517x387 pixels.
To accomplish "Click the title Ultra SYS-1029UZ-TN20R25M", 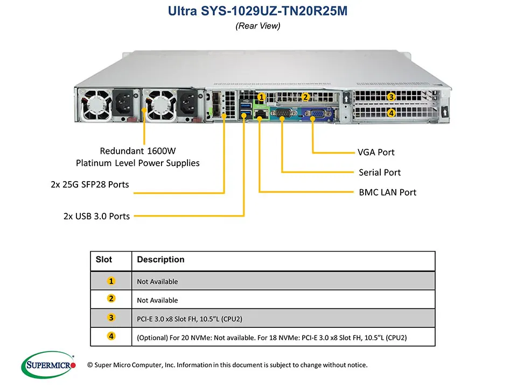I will (x=258, y=11).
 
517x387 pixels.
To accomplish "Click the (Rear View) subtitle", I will (x=258, y=26).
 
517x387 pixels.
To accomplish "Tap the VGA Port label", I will (x=376, y=152).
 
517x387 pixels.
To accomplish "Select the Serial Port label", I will (x=380, y=173).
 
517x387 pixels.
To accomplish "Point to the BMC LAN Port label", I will (x=387, y=192).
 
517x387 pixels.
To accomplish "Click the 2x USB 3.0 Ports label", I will (x=96, y=216).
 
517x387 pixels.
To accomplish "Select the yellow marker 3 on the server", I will (x=392, y=97).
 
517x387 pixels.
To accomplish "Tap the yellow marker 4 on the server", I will (x=392, y=113).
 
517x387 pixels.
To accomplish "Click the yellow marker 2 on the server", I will (x=305, y=97).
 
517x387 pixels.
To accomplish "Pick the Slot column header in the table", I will (x=104, y=260).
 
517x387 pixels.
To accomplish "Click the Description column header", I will (x=160, y=260).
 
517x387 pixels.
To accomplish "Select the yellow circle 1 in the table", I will (x=111, y=281).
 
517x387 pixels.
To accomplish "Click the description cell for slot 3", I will (x=190, y=319).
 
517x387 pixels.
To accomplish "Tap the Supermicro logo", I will (x=48, y=365).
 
